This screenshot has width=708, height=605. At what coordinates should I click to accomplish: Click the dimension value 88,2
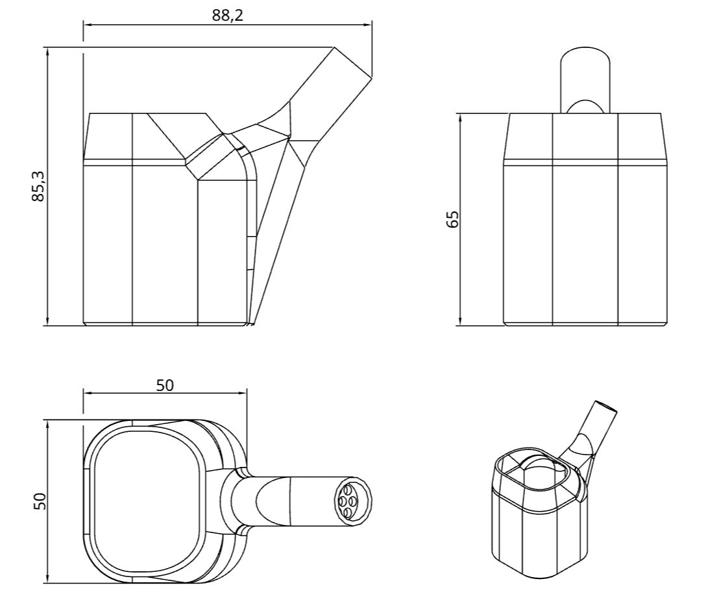pyautogui.click(x=228, y=16)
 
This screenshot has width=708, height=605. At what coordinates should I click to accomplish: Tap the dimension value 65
pyautogui.click(x=452, y=219)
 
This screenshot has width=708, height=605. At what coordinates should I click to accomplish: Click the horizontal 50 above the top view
pyautogui.click(x=165, y=385)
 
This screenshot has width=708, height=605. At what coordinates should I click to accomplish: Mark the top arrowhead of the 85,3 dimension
pyautogui.click(x=48, y=52)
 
